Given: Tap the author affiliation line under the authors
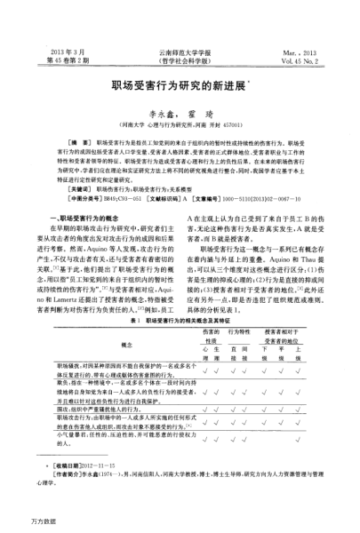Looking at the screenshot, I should pyautogui.click(x=180, y=128).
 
